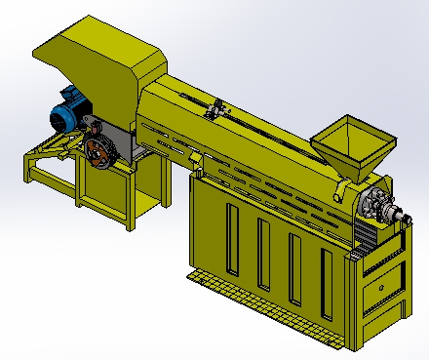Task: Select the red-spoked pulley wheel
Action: [x=97, y=152]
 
